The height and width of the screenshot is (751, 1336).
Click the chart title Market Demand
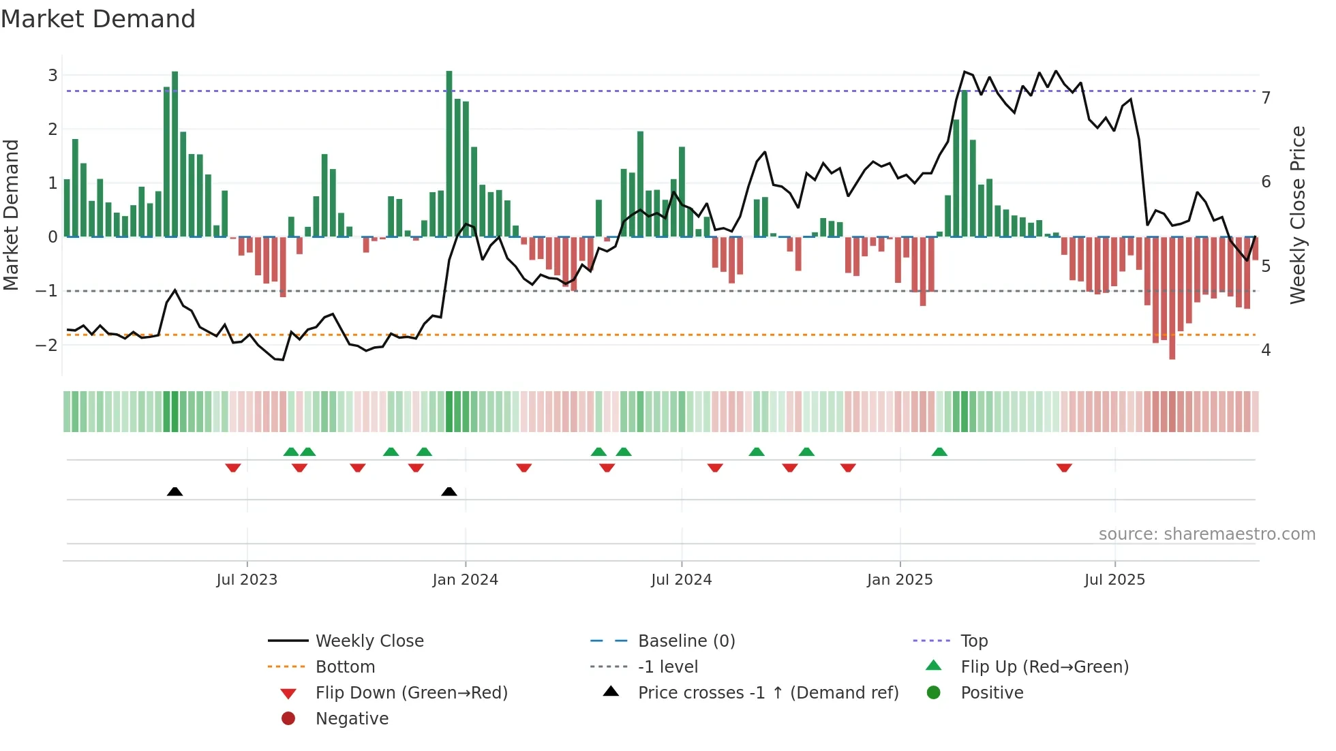click(x=98, y=19)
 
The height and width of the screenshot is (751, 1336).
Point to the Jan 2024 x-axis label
click(x=465, y=580)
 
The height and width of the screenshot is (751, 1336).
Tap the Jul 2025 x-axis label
click(x=1114, y=580)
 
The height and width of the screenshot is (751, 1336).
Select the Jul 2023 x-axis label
click(x=247, y=580)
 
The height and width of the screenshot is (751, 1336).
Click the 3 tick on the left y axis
click(x=52, y=75)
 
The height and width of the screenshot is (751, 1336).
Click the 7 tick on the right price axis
click(x=1266, y=98)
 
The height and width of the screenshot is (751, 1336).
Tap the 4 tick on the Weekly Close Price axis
click(x=1266, y=350)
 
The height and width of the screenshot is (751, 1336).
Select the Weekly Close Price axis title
click(x=1298, y=215)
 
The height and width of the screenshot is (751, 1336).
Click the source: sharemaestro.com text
click(x=1206, y=534)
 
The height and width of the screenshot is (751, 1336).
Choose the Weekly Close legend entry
click(x=369, y=641)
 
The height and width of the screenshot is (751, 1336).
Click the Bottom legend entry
click(x=345, y=667)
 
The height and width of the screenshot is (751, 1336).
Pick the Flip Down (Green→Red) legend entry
click(x=411, y=693)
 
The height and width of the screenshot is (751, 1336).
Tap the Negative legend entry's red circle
click(x=288, y=718)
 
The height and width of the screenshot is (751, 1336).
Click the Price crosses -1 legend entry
click(x=768, y=693)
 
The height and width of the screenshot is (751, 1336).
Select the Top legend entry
click(x=973, y=641)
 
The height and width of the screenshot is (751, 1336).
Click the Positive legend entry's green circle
click(x=934, y=692)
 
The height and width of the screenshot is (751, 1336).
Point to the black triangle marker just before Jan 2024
click(x=449, y=491)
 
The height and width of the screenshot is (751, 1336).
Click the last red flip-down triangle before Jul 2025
click(x=1064, y=468)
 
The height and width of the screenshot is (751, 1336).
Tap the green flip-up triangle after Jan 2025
click(x=939, y=452)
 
